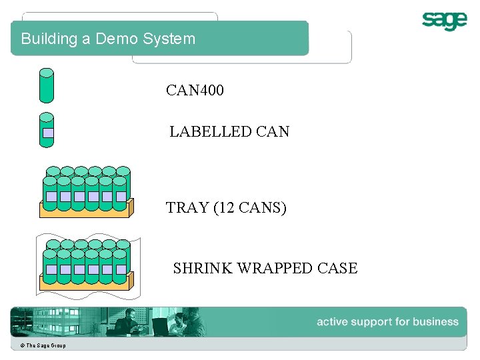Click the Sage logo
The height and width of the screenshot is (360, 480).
point(444,21)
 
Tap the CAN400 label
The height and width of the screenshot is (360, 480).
point(195,90)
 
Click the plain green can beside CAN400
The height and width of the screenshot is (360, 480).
point(46,85)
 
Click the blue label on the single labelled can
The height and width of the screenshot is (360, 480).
point(47,132)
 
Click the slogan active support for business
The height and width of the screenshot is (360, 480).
point(387,322)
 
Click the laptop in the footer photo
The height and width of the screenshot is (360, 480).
point(159,327)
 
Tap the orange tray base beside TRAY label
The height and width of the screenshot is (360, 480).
point(87,211)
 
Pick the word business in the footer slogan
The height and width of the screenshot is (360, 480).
point(435,322)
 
